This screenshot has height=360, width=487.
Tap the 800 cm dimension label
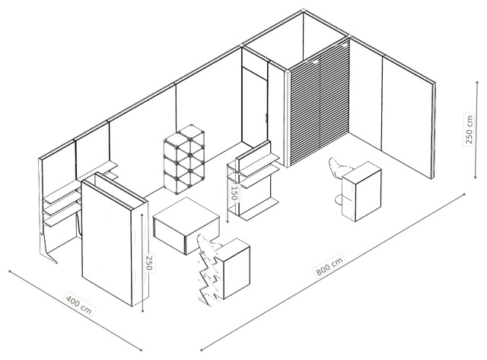(x=329, y=266)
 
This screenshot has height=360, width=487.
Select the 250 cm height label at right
(x=469, y=129)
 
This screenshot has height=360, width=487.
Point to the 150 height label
(x=234, y=193)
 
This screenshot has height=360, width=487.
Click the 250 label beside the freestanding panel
(x=150, y=263)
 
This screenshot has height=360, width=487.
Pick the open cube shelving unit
(x=184, y=159)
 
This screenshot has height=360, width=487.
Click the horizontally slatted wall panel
(x=319, y=104)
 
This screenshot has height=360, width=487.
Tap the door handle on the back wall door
(x=266, y=117)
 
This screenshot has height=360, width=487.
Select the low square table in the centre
(x=186, y=226)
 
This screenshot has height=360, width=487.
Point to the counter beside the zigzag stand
(x=234, y=268)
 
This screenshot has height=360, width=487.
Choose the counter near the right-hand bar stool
(x=361, y=191)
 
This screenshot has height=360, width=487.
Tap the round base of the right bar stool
(x=339, y=199)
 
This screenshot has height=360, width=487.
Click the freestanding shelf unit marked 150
(x=253, y=181)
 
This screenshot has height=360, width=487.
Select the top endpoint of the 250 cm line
(x=477, y=82)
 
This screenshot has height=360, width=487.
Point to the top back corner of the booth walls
(x=303, y=11)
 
